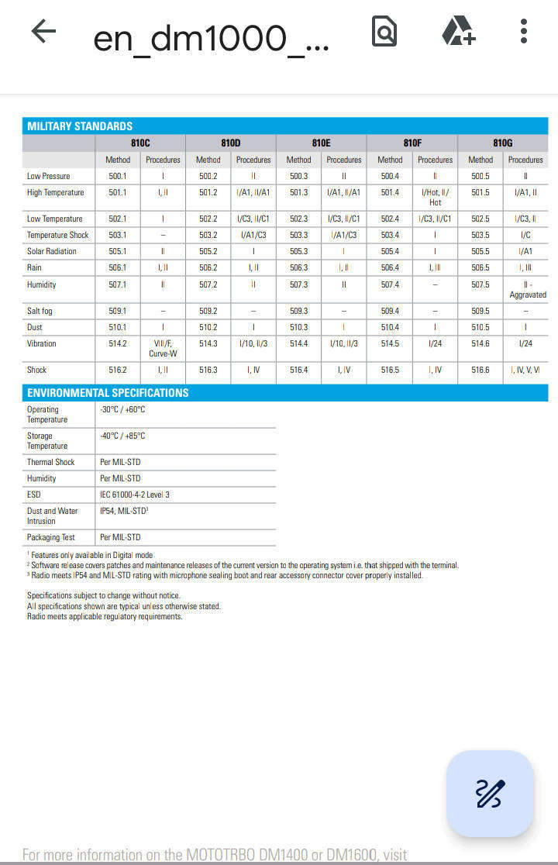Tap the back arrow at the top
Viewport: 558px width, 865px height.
(43, 32)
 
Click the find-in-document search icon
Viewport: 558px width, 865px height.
(384, 32)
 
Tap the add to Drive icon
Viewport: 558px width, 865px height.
(458, 32)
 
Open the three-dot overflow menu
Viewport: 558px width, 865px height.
(524, 32)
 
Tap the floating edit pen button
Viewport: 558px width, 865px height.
(490, 793)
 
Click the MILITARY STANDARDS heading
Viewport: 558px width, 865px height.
(80, 126)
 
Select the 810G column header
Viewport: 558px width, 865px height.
(502, 143)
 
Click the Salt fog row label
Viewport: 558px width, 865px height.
(40, 311)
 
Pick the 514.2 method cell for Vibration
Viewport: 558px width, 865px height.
(118, 343)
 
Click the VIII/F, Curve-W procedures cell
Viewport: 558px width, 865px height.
(163, 348)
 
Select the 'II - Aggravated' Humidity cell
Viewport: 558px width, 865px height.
(527, 290)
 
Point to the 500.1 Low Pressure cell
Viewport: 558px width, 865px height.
(118, 176)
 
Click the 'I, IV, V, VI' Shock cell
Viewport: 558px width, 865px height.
(525, 370)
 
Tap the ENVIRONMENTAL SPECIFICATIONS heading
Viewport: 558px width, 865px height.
(108, 393)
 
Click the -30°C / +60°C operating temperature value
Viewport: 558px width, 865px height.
(122, 409)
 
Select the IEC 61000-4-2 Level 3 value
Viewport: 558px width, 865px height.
(135, 495)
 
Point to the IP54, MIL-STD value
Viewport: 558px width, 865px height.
(124, 511)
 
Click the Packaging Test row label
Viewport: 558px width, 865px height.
(51, 537)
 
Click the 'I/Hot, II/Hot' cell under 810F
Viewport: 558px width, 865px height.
(435, 197)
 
